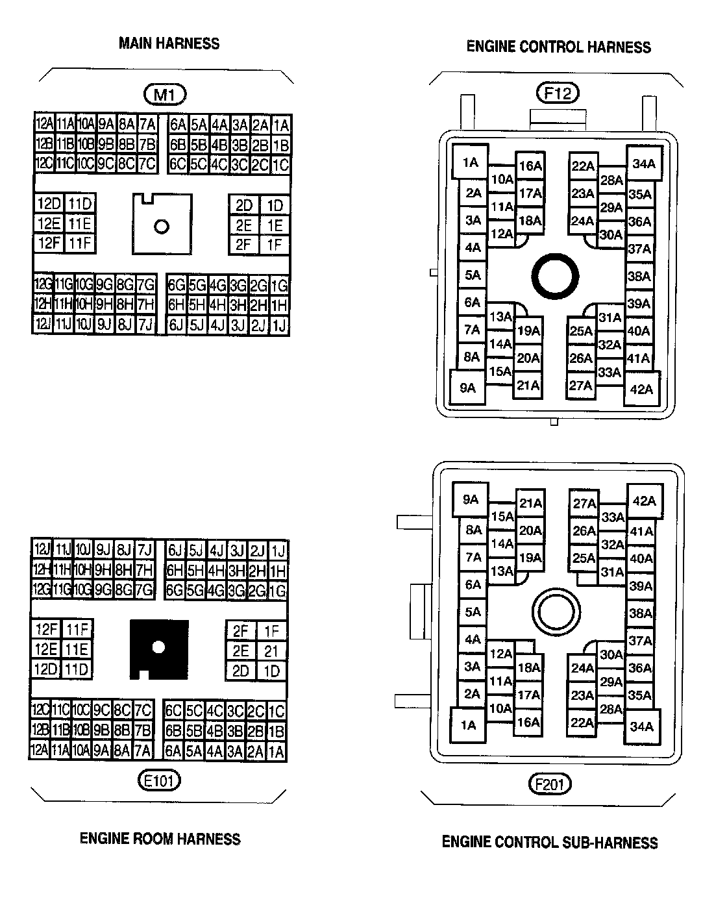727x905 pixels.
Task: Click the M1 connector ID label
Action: [164, 95]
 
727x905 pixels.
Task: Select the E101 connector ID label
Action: [159, 780]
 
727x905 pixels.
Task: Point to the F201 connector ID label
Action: [550, 784]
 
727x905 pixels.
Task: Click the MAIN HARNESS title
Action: [169, 43]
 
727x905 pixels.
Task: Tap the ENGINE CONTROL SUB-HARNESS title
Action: [550, 843]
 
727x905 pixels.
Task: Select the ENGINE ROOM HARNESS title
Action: [160, 839]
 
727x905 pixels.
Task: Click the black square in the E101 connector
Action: [159, 649]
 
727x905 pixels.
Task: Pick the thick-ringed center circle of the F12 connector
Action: [555, 276]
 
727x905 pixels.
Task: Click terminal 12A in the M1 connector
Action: [44, 123]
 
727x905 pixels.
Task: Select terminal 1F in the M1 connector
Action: [275, 245]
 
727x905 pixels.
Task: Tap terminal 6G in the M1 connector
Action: [177, 285]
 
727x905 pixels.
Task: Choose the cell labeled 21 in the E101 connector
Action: [271, 651]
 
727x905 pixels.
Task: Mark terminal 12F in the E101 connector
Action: [47, 629]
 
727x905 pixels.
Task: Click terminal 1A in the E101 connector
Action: [277, 752]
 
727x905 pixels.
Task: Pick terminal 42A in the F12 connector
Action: [641, 389]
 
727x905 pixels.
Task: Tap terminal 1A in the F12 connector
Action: [470, 162]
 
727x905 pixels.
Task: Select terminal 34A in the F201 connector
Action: [641, 726]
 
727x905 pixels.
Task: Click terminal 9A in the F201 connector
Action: [470, 499]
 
